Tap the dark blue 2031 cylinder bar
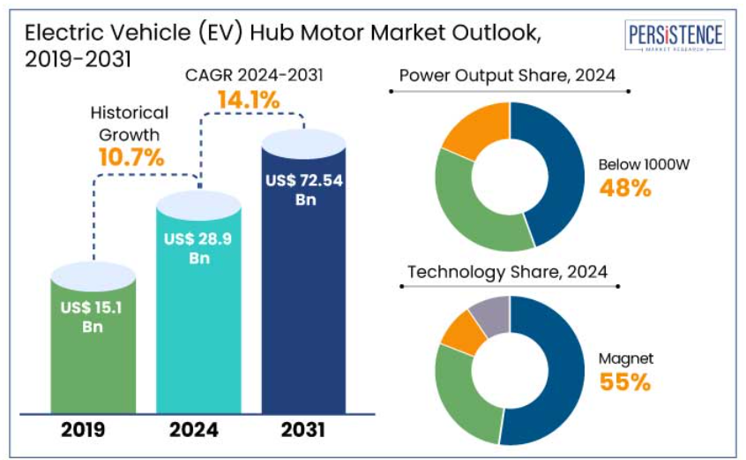[x=303, y=283]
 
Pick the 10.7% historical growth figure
[x=131, y=158]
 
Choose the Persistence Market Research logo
[x=675, y=38]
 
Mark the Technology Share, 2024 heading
[x=506, y=271]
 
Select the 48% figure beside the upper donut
[x=624, y=187]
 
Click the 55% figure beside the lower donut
[x=625, y=381]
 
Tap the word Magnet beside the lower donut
[x=625, y=358]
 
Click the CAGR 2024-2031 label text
[x=254, y=74]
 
